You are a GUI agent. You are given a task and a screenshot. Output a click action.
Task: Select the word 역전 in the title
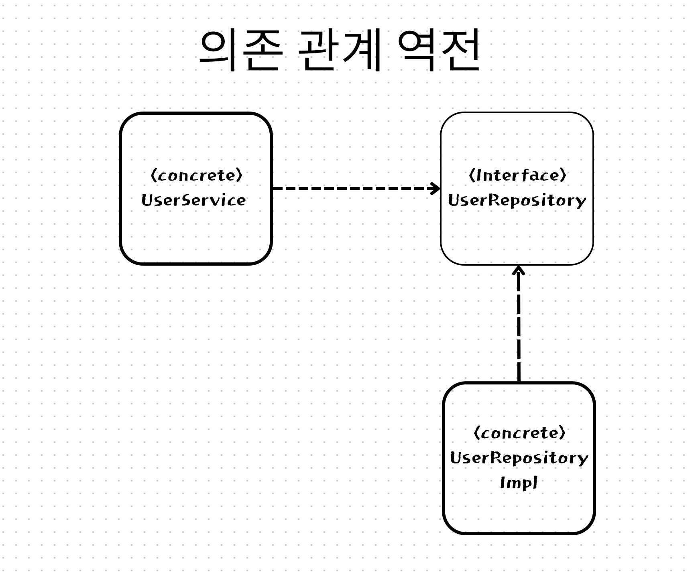coord(440,50)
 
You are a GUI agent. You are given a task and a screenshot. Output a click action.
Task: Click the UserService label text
coord(193,200)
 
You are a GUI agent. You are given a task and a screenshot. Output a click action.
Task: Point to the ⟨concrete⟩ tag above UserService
coord(196,175)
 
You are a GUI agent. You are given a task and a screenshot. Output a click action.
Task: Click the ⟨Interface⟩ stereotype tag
coord(517,175)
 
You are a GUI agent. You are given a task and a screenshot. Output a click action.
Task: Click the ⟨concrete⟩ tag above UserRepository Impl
coord(519,433)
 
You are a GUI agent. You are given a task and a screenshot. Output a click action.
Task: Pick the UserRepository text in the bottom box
coord(519,458)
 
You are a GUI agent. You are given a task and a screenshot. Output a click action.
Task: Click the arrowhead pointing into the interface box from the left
coord(436,188)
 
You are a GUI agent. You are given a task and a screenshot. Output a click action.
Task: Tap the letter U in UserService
coord(146,200)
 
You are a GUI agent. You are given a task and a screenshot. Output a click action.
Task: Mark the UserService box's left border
coord(120,189)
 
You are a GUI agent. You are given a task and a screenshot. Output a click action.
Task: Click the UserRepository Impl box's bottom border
coord(519,533)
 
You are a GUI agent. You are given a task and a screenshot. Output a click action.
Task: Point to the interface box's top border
coord(517,113)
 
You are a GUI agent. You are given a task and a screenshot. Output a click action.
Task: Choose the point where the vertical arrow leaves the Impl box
coord(519,382)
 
